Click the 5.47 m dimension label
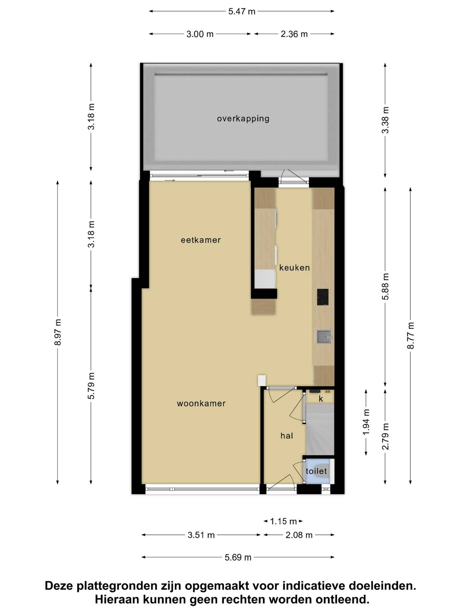click(x=242, y=11)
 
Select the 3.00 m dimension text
click(x=200, y=34)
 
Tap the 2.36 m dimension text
click(x=294, y=34)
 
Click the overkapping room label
click(x=243, y=119)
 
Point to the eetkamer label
click(x=201, y=240)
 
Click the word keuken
click(x=295, y=268)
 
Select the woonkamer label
click(x=201, y=403)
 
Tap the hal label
click(x=287, y=436)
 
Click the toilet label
click(x=316, y=471)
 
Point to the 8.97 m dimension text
click(x=58, y=332)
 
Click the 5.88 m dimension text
click(x=385, y=286)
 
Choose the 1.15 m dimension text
click(x=283, y=521)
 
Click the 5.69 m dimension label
click(x=238, y=557)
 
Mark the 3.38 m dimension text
click(x=385, y=120)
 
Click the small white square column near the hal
click(x=262, y=380)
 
